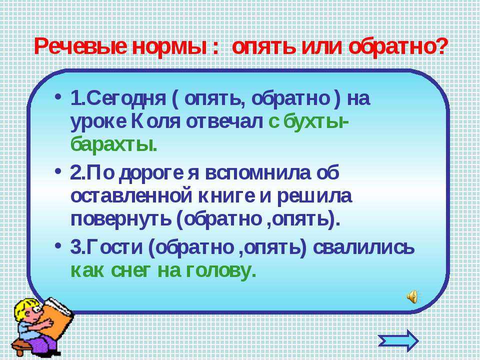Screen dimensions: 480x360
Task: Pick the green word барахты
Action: click(114, 144)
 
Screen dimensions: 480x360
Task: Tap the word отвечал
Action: click(224, 122)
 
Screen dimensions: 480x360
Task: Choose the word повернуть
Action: click(120, 219)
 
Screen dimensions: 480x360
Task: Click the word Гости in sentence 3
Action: click(115, 247)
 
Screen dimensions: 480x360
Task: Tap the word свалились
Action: click(363, 247)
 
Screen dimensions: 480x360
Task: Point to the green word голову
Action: click(220, 271)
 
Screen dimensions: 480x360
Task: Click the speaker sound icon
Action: click(412, 296)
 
